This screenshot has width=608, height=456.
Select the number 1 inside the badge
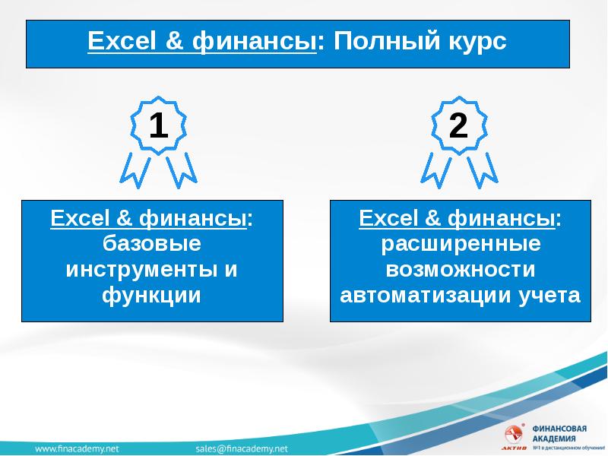click(158, 125)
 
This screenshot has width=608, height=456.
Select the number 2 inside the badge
click(458, 125)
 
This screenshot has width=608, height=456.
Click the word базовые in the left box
click(152, 243)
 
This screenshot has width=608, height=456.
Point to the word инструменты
click(141, 270)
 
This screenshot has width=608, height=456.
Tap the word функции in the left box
click(151, 296)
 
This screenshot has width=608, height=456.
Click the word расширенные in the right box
click(461, 244)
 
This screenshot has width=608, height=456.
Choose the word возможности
click(461, 269)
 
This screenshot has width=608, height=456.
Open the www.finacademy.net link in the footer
click(77, 448)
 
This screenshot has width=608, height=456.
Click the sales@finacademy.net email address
click(242, 448)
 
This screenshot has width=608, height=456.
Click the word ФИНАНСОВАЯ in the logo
click(559, 429)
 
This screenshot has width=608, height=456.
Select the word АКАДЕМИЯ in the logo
click(554, 439)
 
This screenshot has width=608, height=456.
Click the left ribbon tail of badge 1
click(135, 170)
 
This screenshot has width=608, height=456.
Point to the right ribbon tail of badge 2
click(483, 170)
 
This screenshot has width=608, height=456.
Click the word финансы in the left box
click(193, 218)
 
